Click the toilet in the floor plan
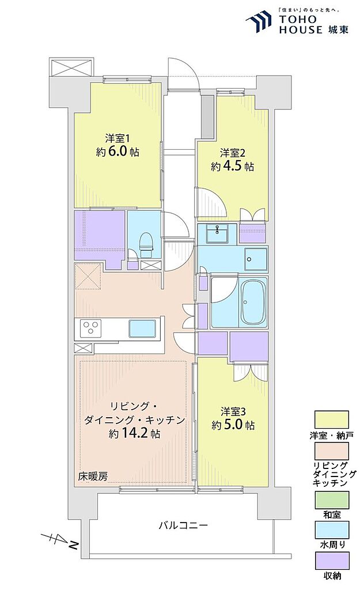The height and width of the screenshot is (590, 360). click(146, 244)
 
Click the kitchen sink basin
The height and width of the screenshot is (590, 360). click(143, 328)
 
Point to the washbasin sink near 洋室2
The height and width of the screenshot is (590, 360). click(217, 233)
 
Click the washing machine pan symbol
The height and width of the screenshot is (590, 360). click(256, 259)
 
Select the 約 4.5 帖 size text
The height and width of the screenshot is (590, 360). click(232, 167)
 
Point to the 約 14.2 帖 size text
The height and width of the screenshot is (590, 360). click(134, 433)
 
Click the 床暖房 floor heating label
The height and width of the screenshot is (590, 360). click(93, 476)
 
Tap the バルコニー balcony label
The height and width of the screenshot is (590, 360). click(183, 525)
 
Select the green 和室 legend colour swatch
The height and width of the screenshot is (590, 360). click(331, 500)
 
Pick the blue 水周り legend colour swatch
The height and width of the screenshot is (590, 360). click(331, 530)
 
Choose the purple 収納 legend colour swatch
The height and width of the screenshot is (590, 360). click(331, 561)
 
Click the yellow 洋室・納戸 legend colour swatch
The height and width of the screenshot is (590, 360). click(331, 419)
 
